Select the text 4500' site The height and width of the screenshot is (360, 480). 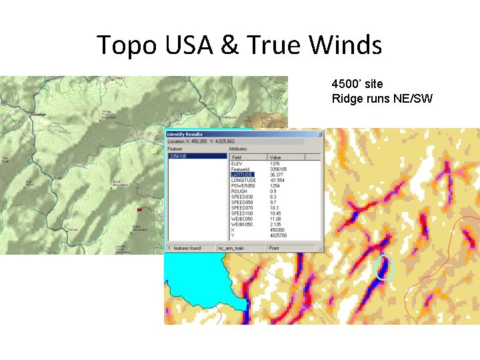pos(357,84)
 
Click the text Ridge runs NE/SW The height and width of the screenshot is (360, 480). pos(382,99)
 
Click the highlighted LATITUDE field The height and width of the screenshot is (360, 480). pos(243,175)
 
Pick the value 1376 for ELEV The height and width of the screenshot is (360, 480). pos(275,163)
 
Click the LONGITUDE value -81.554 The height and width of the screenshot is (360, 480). pos(277,180)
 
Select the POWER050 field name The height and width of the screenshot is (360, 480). pos(243,185)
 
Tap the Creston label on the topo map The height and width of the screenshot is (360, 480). pos(37,115)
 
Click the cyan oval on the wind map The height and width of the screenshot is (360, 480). pos(383,266)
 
